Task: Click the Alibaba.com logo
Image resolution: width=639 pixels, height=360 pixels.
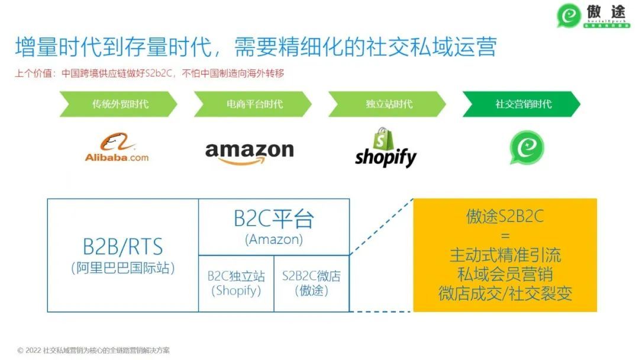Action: (117, 148)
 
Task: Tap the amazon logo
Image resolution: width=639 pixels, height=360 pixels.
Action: (249, 152)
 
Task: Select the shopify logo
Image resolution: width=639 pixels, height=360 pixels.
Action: (386, 148)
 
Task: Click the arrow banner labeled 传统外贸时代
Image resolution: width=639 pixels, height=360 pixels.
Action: (118, 104)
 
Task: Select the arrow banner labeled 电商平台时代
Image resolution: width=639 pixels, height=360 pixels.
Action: (253, 104)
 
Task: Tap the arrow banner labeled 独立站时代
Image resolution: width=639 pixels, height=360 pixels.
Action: (387, 104)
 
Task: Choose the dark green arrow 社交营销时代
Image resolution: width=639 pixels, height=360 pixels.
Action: (521, 104)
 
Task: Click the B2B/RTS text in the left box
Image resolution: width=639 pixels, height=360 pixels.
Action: (122, 247)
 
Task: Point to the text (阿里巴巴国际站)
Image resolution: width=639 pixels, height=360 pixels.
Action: (122, 268)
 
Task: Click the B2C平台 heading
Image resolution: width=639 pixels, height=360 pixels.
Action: (273, 219)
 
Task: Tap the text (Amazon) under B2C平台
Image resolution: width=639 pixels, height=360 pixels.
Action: (273, 239)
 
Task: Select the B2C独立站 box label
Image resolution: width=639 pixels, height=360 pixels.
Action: (236, 277)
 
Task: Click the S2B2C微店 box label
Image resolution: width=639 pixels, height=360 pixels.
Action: (311, 277)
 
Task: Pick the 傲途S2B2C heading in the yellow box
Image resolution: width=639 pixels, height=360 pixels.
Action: (505, 217)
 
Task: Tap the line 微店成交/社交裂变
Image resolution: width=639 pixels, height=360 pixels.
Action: (505, 294)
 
